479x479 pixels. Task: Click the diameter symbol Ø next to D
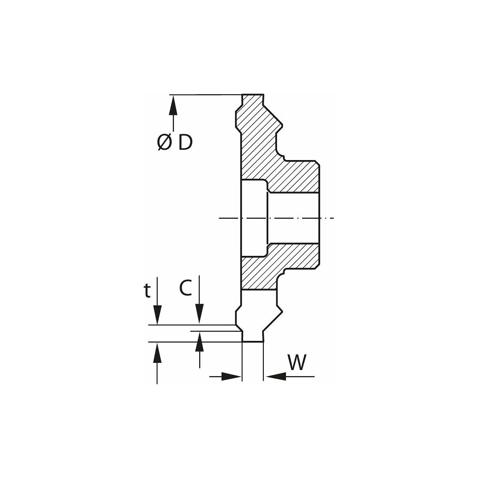pos(164,143)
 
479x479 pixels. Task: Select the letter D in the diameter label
pos(185,143)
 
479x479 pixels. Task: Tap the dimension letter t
pos(147,291)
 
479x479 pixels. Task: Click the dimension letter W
pos(297,363)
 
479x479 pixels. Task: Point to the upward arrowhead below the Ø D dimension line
pos(173,106)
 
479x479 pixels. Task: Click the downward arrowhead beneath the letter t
pos(158,315)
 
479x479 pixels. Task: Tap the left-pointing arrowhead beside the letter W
pos(275,376)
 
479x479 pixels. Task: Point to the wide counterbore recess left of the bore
pos(254,218)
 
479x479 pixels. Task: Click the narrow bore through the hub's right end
pos(293,218)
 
